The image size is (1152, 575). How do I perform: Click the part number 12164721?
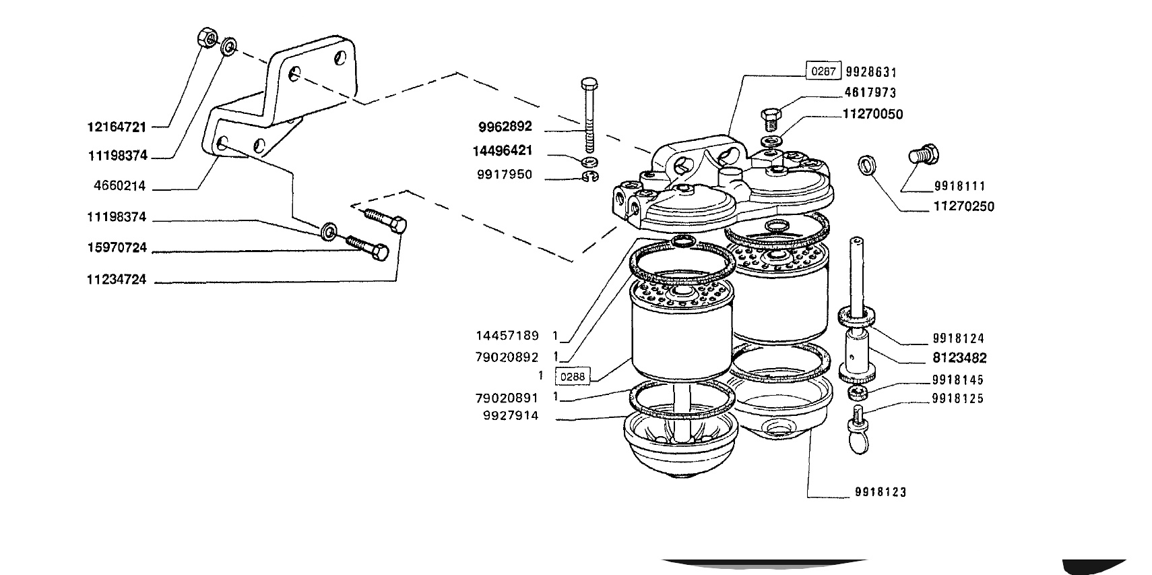(117, 127)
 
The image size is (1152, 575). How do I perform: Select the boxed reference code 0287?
(823, 71)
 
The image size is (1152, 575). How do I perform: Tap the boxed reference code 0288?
(573, 376)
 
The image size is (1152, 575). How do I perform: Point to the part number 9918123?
(881, 492)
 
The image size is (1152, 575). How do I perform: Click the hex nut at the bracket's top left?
(207, 38)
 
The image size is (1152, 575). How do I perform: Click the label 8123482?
(959, 358)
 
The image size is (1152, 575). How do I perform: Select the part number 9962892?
(505, 127)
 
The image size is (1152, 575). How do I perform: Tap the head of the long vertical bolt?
(587, 84)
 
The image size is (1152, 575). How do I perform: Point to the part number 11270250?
(963, 206)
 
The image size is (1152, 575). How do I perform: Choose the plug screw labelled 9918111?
(923, 154)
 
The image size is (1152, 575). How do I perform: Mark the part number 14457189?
(507, 336)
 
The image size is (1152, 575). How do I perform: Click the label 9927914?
(511, 416)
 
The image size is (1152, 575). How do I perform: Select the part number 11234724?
(117, 279)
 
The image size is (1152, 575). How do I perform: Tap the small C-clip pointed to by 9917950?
(590, 177)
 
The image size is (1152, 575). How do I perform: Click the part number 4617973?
(870, 92)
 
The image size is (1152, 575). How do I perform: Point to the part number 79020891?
(507, 398)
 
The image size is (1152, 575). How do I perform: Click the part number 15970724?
(117, 247)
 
